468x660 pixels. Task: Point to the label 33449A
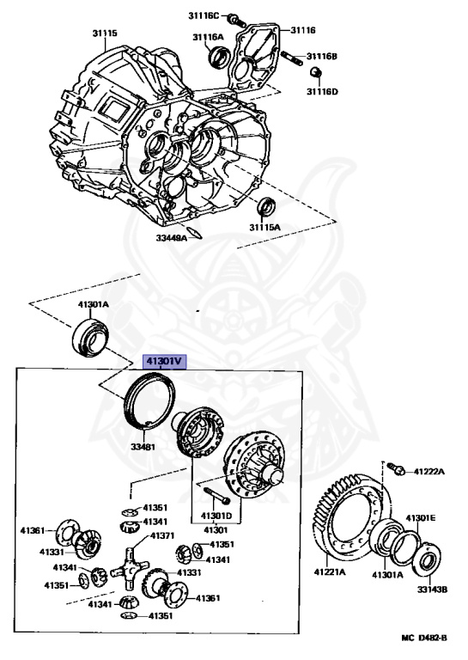[172, 238]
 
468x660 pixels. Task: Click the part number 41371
[161, 535]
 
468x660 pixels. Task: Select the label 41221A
[331, 572]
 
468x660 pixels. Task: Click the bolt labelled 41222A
[398, 468]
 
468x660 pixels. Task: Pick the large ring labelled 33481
[150, 402]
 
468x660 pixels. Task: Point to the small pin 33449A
[196, 233]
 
